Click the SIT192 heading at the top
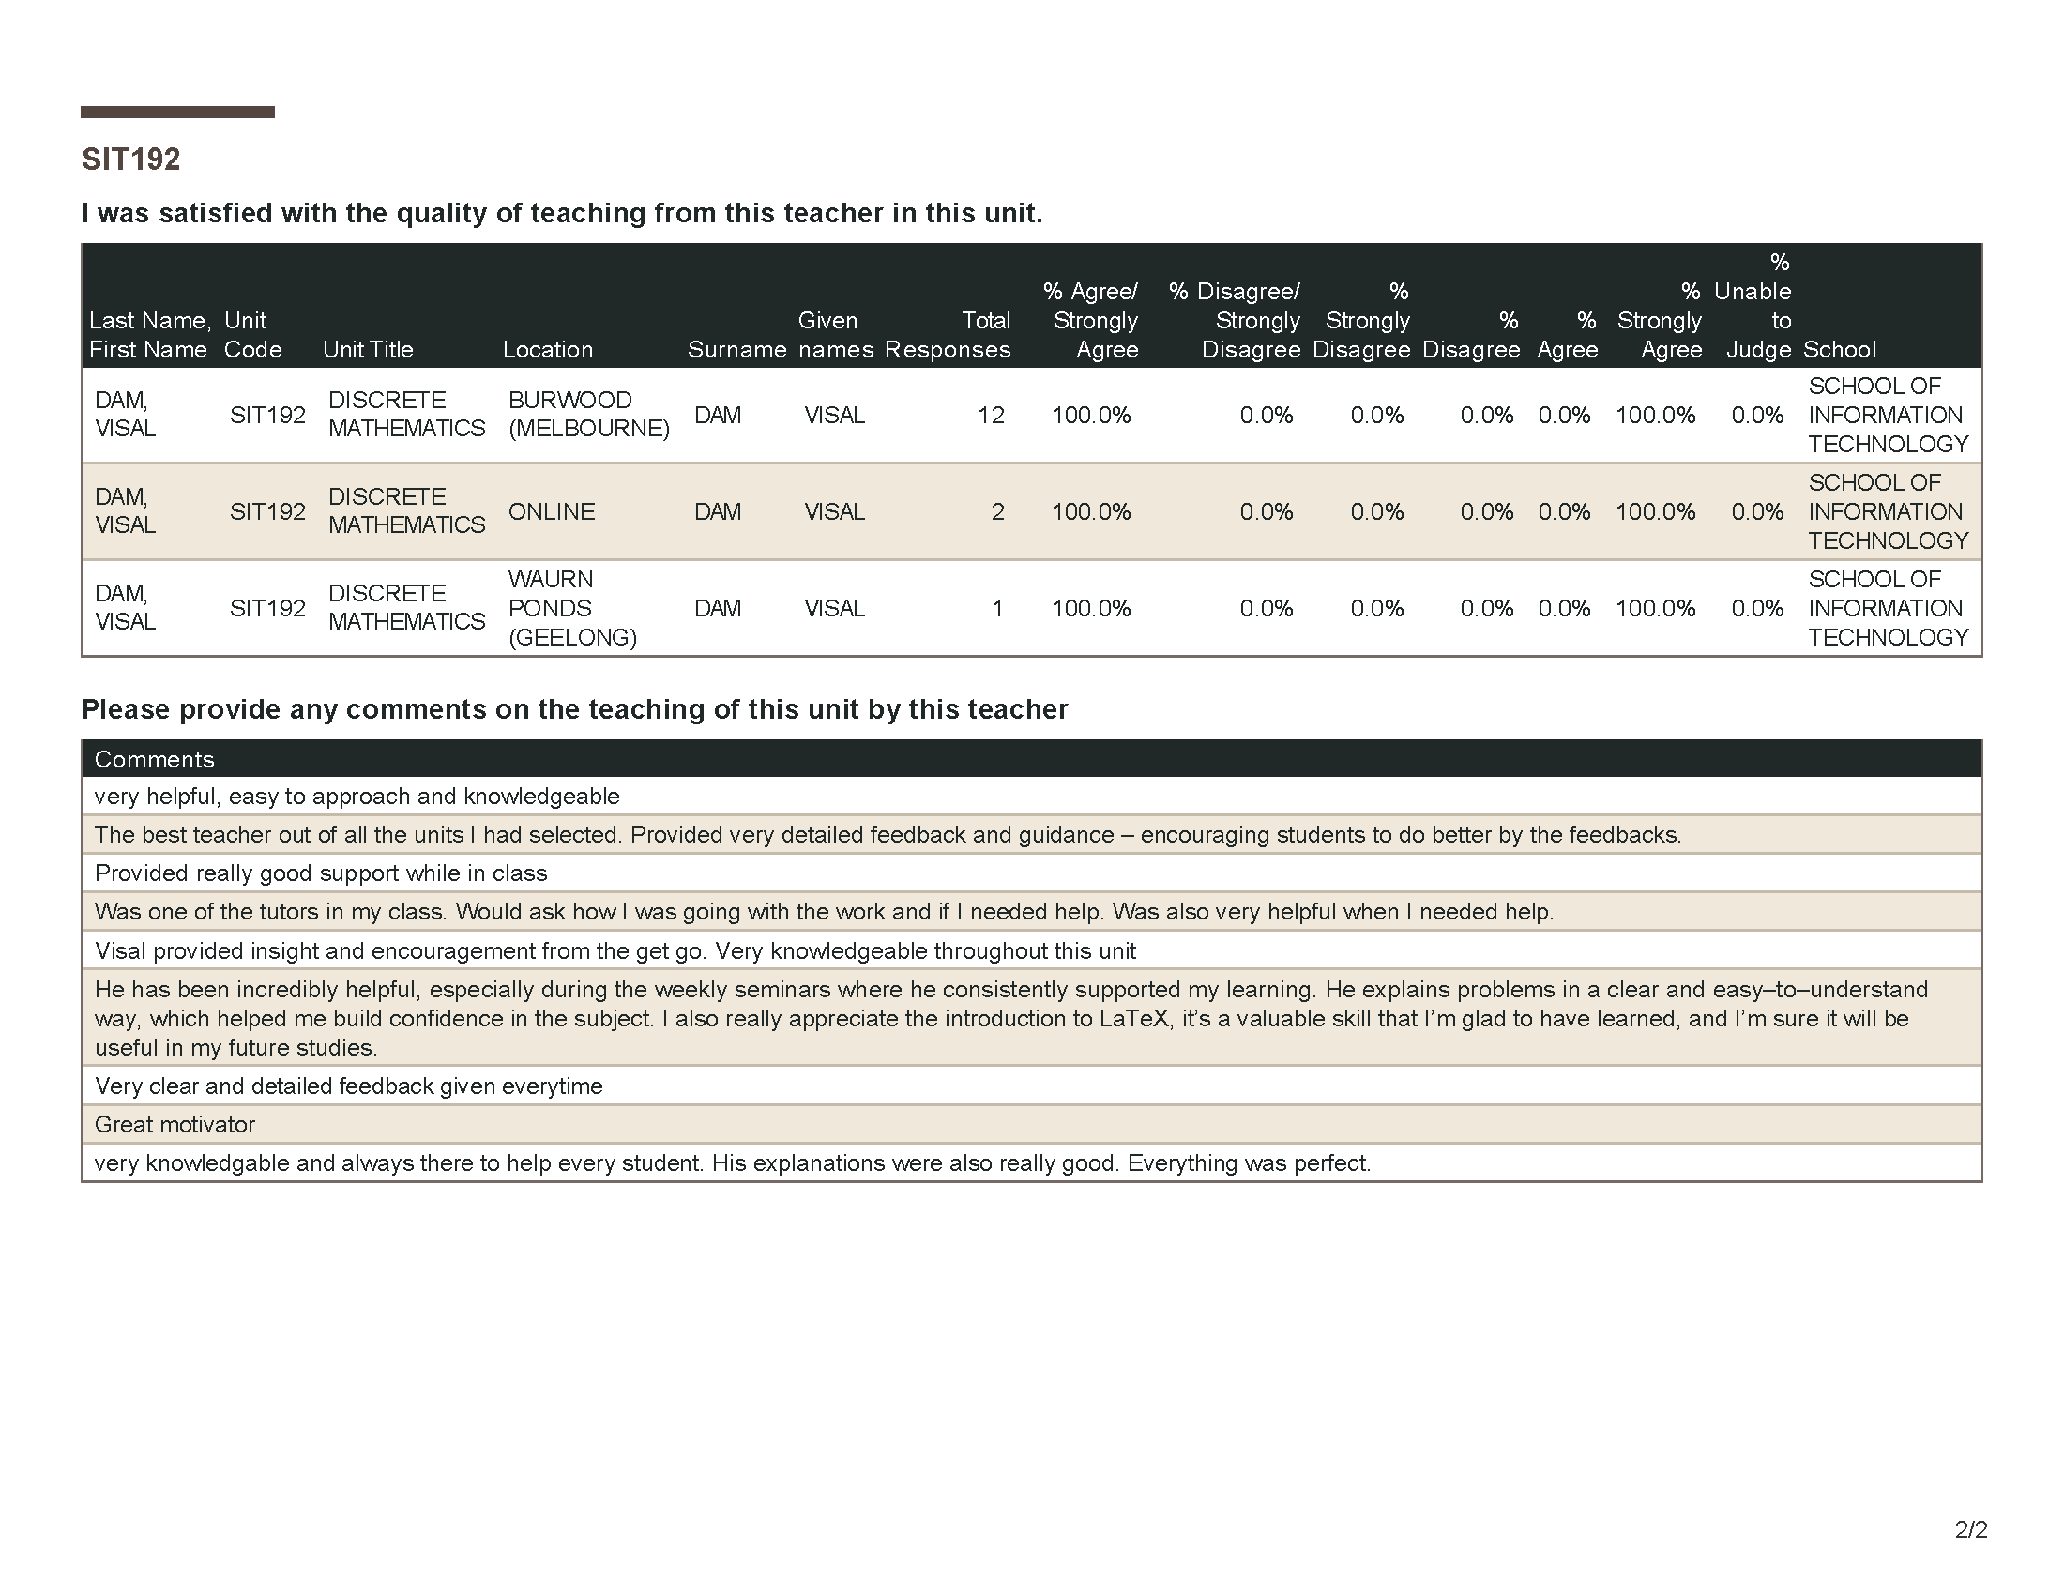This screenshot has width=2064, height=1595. pyautogui.click(x=130, y=159)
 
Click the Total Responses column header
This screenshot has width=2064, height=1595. pyautogui.click(x=948, y=335)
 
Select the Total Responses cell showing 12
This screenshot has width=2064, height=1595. pyautogui.click(x=991, y=415)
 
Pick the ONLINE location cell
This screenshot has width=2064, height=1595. pyautogui.click(x=551, y=511)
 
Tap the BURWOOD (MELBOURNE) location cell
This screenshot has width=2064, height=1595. pyautogui.click(x=588, y=414)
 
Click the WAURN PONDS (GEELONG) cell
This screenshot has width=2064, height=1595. pyautogui.click(x=571, y=608)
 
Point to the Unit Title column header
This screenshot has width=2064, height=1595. pyautogui.click(x=368, y=350)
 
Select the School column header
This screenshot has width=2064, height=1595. pyautogui.click(x=1839, y=350)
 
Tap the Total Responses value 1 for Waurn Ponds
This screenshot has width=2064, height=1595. pyautogui.click(x=996, y=608)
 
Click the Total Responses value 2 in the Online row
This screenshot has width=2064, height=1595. pyautogui.click(x=997, y=511)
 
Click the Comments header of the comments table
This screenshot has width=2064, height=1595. pyautogui.click(x=154, y=759)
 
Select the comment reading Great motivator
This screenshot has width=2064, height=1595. pyautogui.click(x=175, y=1124)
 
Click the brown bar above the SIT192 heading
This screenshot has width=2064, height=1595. pyautogui.click(x=177, y=112)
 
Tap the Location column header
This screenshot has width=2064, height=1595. pyautogui.click(x=547, y=350)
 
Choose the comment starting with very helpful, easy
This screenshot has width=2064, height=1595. pyautogui.click(x=357, y=796)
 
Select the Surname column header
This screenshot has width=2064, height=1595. pyautogui.click(x=736, y=350)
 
